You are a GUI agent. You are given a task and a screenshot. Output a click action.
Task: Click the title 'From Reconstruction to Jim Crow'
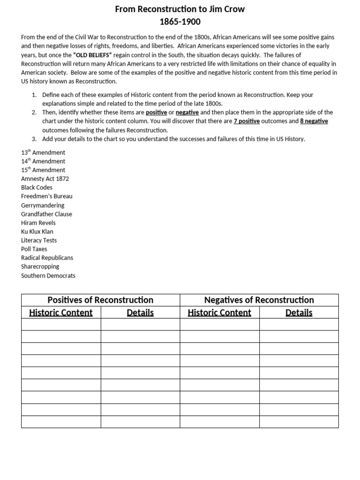[x=180, y=9]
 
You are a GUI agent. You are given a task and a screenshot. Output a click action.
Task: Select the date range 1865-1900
[x=180, y=22]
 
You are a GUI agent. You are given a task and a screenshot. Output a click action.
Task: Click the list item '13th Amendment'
[x=43, y=153]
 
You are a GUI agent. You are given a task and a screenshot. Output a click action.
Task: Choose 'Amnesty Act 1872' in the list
[x=45, y=179]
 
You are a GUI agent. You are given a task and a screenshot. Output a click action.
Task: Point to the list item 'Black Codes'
[x=37, y=187]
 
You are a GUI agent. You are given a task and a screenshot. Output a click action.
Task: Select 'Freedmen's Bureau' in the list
[x=46, y=196]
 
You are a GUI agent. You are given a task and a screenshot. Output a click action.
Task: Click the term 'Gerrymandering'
[x=43, y=205]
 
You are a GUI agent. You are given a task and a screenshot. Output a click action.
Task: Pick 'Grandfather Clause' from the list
[x=46, y=214]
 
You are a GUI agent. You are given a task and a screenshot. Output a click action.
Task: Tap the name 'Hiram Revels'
[x=38, y=223]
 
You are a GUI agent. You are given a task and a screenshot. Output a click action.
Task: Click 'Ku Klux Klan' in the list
[x=37, y=232]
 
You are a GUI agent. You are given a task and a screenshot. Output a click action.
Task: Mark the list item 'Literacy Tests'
[x=39, y=240]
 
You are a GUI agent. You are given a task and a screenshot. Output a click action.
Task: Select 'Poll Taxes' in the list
[x=34, y=249]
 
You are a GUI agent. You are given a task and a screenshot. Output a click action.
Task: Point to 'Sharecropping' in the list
[x=40, y=267]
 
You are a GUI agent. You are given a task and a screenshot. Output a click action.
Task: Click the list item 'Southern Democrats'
[x=48, y=276]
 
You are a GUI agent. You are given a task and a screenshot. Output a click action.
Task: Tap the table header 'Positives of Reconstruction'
[x=100, y=300]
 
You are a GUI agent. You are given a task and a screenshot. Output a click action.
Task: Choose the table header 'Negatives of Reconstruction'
[x=259, y=300]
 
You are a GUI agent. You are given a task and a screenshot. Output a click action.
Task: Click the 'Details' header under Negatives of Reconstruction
[x=299, y=313]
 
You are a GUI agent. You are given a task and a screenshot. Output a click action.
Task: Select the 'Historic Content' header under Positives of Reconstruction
[x=61, y=313]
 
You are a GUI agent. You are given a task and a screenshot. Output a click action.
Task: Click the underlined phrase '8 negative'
[x=314, y=121]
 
